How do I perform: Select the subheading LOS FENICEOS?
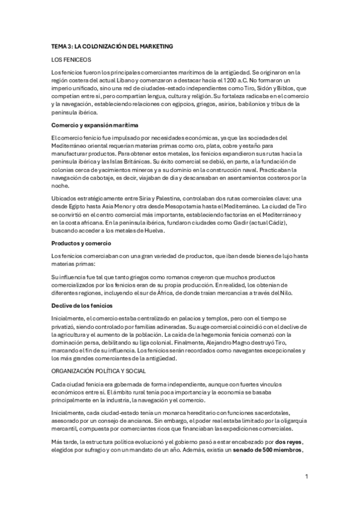pyautogui.click(x=72, y=60)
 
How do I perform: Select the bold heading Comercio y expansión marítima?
pyautogui.click(x=95, y=124)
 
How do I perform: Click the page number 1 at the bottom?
pyautogui.click(x=306, y=476)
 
